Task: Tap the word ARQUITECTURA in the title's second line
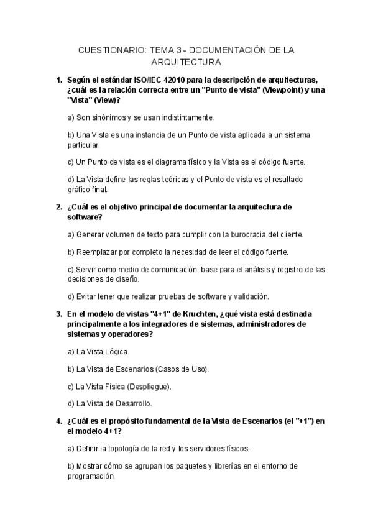click(x=186, y=62)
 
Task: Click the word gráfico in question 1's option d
click(x=79, y=190)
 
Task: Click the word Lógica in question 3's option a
click(x=116, y=351)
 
